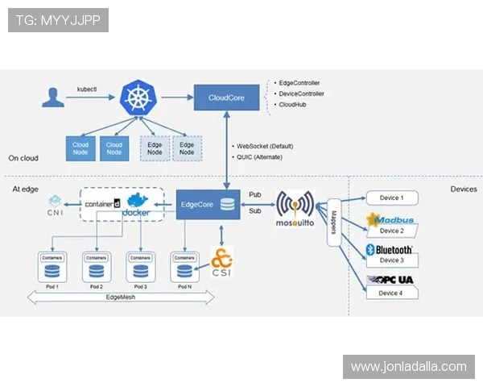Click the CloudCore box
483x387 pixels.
(x=228, y=98)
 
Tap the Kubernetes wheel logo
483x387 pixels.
(x=138, y=98)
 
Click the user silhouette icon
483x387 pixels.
(x=54, y=98)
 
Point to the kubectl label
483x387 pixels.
(x=87, y=88)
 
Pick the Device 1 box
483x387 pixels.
(x=391, y=198)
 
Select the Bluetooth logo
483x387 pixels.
(x=390, y=250)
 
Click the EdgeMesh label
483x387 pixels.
(x=122, y=298)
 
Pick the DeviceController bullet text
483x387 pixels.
(x=301, y=94)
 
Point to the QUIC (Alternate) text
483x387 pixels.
(x=263, y=157)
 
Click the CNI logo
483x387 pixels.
(x=56, y=205)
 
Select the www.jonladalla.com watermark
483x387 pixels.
(x=408, y=367)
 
